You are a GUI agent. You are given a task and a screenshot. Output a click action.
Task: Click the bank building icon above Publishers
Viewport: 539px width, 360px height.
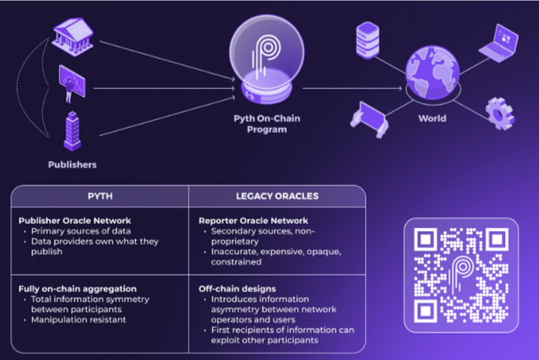tap(72, 34)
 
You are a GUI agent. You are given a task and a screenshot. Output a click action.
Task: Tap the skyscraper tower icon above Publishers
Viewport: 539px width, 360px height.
tap(72, 131)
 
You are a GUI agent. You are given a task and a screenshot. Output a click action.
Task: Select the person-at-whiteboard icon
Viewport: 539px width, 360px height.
tap(72, 82)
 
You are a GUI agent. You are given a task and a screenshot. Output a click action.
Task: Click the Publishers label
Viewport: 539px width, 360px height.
tap(72, 164)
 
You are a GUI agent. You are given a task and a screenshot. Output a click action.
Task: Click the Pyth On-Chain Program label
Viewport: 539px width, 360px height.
tap(268, 124)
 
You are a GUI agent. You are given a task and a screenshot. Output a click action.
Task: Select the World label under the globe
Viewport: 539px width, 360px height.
tap(431, 119)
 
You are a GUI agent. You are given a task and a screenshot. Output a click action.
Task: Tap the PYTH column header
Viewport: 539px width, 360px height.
tap(100, 196)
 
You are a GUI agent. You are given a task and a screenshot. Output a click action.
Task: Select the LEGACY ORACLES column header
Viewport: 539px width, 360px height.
tap(276, 196)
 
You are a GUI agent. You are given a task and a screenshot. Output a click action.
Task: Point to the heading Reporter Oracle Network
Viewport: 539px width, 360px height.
tap(253, 220)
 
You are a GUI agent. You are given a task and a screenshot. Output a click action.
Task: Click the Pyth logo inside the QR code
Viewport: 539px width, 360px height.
tap(461, 274)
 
